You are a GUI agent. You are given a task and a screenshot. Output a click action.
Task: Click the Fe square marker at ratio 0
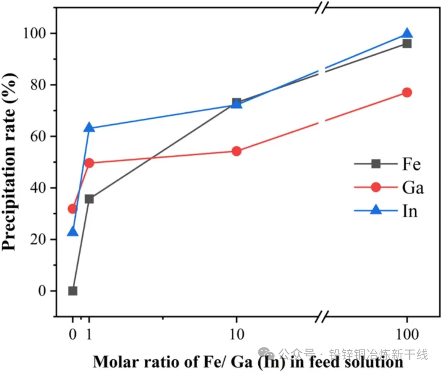(73, 291)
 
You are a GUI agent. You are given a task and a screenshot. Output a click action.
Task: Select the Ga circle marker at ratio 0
(73, 209)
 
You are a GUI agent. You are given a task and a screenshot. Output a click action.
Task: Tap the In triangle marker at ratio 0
(73, 232)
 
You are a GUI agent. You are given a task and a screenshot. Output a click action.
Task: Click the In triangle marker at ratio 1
(89, 128)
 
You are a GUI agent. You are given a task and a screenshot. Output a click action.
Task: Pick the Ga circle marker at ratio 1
(89, 163)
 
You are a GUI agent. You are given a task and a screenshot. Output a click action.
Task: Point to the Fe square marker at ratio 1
(89, 199)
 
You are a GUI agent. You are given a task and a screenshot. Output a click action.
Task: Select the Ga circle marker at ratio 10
(237, 151)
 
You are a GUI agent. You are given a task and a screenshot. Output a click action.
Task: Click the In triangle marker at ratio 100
(407, 34)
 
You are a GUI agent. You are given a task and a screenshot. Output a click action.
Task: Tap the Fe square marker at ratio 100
(407, 43)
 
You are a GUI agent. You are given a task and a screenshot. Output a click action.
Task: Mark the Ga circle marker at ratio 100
(407, 93)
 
